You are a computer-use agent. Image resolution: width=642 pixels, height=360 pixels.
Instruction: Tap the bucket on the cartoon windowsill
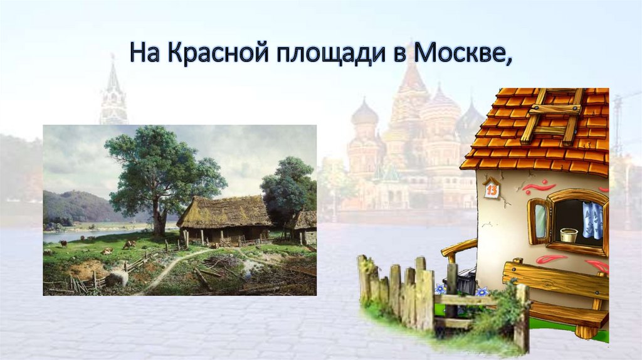click(x=569, y=235)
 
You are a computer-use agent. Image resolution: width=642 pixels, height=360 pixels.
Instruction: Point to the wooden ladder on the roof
click(x=552, y=117)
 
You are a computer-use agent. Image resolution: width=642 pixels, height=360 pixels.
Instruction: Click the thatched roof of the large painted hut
click(x=226, y=210)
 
